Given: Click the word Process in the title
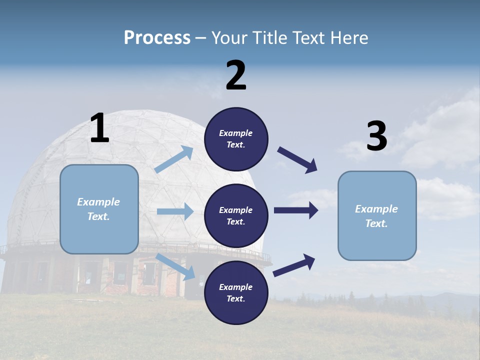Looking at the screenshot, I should coord(157,38).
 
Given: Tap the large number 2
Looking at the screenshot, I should coord(236,76).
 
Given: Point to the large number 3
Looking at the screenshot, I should coord(376,137).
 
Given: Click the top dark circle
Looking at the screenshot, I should coord(236,139).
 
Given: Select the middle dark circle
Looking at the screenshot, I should coord(236,215).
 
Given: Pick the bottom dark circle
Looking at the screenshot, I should coord(236,292).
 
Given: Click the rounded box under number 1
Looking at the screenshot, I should coord(99,209).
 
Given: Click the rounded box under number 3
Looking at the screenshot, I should coord(377,216).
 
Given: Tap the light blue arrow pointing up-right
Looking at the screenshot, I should coord(174,159).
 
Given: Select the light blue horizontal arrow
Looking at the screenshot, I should coord(175,211).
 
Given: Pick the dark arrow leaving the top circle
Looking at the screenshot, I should coord(297,160).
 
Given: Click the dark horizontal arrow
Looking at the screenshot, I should coord(296,210).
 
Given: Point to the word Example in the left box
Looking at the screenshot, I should coord(98,202).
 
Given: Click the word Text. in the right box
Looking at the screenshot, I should coord(376,223).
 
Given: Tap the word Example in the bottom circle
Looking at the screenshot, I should coord(235,287).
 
